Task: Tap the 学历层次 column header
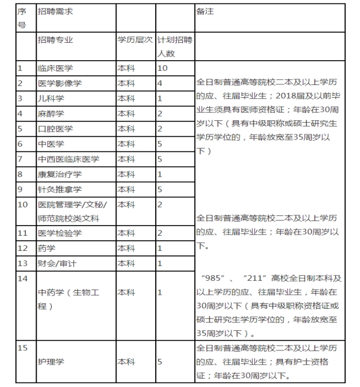134,40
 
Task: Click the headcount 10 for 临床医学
163,68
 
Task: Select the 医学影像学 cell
59,83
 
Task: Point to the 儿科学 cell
51,98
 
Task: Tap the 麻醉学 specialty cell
51,114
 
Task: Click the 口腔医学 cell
55,129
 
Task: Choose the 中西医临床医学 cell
67,159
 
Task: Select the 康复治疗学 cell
59,174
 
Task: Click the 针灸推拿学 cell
59,190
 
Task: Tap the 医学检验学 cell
59,233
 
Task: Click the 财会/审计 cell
57,263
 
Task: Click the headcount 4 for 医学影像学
160,83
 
